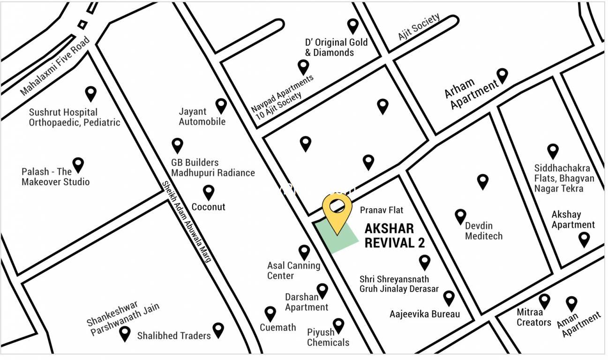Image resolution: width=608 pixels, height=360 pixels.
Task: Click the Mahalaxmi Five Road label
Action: (x=55, y=67)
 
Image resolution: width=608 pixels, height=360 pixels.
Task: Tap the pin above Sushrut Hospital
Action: (x=90, y=93)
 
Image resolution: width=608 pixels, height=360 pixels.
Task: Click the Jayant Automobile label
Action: (x=202, y=117)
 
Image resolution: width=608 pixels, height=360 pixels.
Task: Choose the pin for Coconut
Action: (x=209, y=192)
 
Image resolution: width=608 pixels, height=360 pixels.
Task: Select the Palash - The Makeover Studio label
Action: (x=55, y=177)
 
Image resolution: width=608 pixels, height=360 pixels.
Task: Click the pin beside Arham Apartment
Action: (x=503, y=75)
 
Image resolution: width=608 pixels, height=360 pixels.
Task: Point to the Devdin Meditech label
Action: (x=484, y=231)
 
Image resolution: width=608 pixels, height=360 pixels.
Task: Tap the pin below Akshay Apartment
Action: (x=584, y=239)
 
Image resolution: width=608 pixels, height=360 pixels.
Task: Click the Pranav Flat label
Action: (x=382, y=210)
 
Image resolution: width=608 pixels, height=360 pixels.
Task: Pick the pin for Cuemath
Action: (x=270, y=313)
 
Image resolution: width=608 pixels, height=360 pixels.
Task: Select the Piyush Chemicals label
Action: (x=328, y=337)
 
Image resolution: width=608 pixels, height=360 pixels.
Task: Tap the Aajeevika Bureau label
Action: (x=425, y=314)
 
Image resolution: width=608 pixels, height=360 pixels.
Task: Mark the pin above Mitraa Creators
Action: (x=544, y=300)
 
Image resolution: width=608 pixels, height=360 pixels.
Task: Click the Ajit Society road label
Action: (x=419, y=27)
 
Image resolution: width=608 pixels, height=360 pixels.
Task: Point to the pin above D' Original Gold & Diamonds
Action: (x=353, y=26)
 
